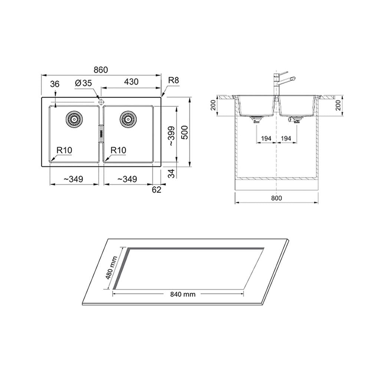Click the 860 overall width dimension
pyautogui.click(x=101, y=70)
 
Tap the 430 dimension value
pyautogui.click(x=131, y=82)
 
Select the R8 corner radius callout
pyautogui.click(x=173, y=81)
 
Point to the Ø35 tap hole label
pyautogui.click(x=83, y=83)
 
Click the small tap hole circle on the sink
pyautogui.click(x=101, y=102)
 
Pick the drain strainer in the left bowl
pyautogui.click(x=74, y=119)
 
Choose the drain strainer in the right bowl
pyautogui.click(x=128, y=119)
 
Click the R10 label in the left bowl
pyautogui.click(x=64, y=150)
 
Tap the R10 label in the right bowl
pyautogui.click(x=118, y=150)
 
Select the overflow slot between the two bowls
pyautogui.click(x=101, y=134)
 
